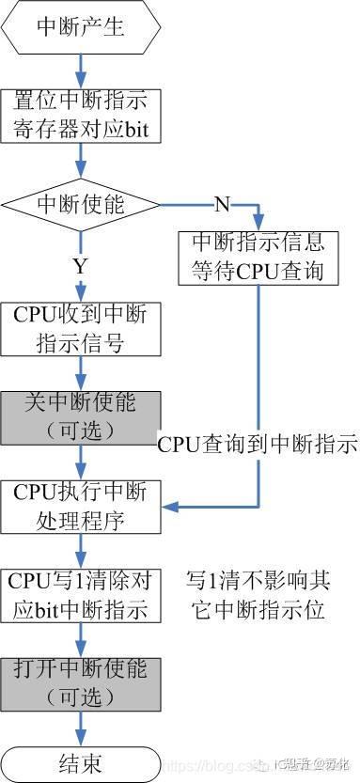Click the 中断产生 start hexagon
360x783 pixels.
(81, 27)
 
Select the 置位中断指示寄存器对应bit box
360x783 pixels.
(81, 115)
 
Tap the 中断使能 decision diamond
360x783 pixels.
(81, 202)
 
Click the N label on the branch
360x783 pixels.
(222, 203)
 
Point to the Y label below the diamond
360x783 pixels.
(80, 266)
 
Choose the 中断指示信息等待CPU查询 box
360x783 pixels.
(258, 257)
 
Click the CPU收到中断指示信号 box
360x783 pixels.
(81, 327)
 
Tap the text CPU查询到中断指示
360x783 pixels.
(257, 444)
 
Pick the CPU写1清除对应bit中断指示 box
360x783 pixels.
(81, 594)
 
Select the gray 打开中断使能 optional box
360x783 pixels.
(81, 682)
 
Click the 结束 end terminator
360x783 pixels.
(81, 760)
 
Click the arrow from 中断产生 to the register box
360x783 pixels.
(81, 70)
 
